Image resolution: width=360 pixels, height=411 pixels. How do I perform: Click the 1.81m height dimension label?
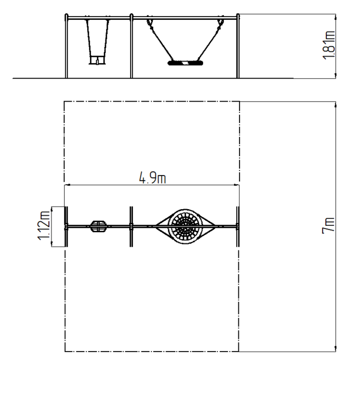click(329, 45)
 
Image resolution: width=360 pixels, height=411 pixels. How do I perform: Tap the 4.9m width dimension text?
click(153, 178)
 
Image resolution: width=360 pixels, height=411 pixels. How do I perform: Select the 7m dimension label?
click(329, 225)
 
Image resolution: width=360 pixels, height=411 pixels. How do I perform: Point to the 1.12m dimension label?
click(44, 225)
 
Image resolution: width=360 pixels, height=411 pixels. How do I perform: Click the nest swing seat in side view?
click(185, 63)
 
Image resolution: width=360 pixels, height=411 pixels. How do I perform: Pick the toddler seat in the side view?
click(97, 60)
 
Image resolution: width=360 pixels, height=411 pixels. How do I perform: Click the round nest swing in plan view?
click(185, 226)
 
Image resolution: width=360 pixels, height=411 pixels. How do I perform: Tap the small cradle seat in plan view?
click(99, 226)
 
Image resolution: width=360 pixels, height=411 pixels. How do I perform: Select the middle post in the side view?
click(131, 46)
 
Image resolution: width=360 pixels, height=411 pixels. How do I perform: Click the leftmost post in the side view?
click(66, 46)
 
